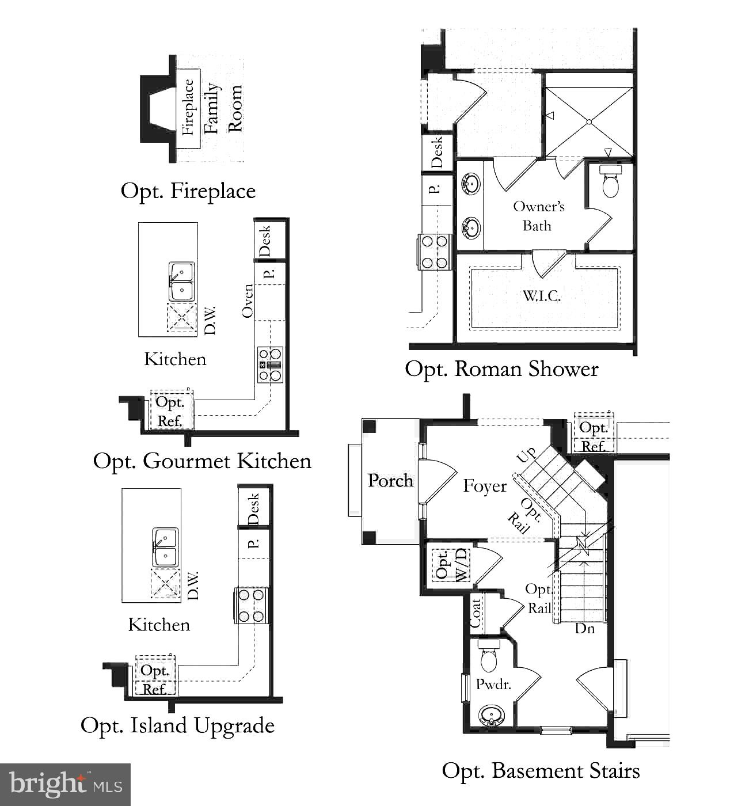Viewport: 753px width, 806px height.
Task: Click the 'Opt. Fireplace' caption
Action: point(188,191)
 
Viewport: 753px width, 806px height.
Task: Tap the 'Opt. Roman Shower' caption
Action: point(501,369)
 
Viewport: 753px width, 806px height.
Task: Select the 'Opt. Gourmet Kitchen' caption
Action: point(202,461)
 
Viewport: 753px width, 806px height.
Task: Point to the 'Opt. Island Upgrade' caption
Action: point(177,725)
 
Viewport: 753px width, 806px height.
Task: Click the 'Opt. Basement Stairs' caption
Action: point(541,771)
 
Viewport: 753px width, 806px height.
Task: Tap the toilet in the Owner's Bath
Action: point(609,181)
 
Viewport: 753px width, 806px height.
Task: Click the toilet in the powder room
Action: point(488,656)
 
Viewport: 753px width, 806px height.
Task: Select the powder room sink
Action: point(490,716)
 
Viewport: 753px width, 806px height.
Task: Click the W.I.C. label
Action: point(542,296)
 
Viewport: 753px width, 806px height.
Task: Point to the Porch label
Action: point(390,480)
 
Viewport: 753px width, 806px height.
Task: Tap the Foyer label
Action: point(485,486)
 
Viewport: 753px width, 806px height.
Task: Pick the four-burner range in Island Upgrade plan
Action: point(252,606)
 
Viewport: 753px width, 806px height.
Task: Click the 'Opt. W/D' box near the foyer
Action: point(451,565)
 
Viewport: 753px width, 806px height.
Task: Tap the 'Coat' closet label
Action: point(476,613)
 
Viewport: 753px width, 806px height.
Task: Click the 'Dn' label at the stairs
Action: point(584,628)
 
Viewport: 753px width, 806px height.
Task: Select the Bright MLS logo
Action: point(65,784)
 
